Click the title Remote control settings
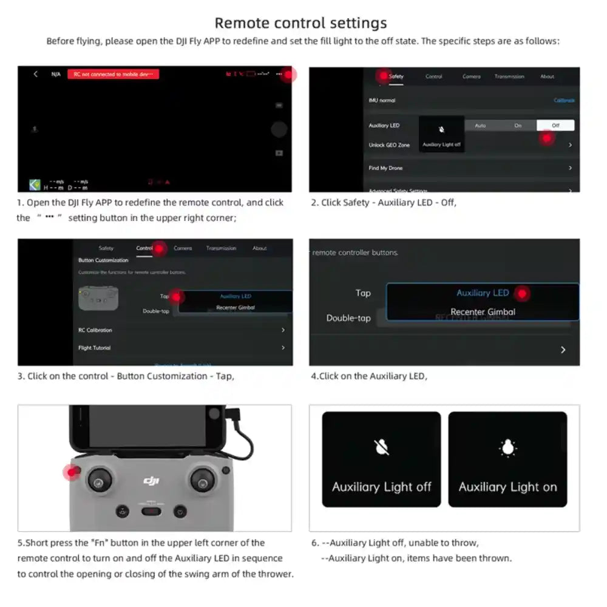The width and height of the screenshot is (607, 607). tap(300, 23)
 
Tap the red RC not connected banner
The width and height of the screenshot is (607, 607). tap(113, 74)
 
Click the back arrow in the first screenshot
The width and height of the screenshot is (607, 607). tap(36, 74)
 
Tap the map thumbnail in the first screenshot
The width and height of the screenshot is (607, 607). tap(35, 185)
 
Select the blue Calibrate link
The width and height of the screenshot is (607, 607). tap(564, 100)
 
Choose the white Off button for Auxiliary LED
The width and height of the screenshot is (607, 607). tap(555, 126)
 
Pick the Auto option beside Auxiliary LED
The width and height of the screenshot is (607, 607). tap(480, 126)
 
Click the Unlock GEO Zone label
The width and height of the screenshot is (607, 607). tap(389, 145)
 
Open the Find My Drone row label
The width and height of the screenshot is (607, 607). tap(385, 168)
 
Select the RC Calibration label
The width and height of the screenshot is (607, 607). tap(95, 330)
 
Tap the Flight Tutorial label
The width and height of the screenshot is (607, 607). tap(95, 348)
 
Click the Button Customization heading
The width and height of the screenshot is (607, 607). tap(103, 260)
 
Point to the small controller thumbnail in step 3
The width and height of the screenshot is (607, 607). tap(98, 298)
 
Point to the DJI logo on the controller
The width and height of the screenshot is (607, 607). tap(151, 481)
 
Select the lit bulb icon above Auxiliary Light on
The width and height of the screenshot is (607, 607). tap(507, 448)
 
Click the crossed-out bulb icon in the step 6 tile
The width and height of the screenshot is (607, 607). tap(381, 448)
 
